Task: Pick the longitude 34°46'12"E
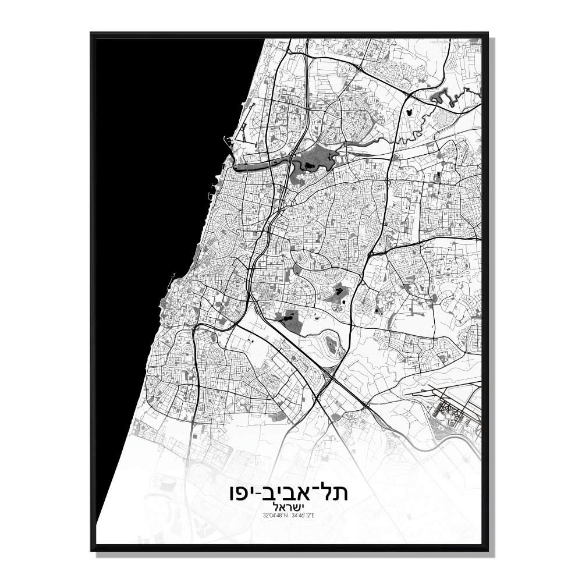306,516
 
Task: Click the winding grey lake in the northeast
439,96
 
